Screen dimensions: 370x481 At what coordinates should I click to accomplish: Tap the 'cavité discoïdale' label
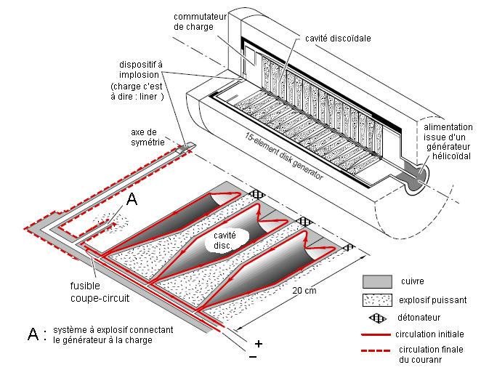[339, 39]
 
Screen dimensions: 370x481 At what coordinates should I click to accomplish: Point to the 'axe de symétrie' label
[149, 136]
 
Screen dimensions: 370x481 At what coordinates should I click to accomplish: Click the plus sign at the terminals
[258, 343]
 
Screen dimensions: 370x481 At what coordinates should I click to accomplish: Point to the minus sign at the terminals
[252, 358]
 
